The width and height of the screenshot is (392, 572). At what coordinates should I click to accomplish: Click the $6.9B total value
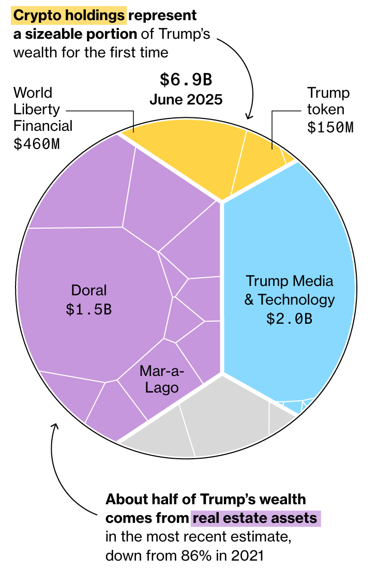186,80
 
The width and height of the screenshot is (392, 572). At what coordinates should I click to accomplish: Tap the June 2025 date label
186,99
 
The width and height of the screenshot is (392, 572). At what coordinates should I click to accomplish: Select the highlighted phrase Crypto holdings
69,16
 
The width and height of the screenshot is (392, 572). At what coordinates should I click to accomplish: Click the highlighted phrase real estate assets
257,518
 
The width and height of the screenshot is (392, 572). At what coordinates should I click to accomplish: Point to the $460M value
36,144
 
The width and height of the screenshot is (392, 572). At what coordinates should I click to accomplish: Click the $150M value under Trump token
330,128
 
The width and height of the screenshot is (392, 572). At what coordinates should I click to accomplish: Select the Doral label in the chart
89,290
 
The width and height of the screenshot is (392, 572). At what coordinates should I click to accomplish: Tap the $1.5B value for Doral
89,309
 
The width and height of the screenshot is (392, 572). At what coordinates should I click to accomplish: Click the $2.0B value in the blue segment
290,319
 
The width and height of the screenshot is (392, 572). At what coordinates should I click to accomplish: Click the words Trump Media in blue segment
290,281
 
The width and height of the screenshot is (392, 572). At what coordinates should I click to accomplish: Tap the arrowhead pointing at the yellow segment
249,116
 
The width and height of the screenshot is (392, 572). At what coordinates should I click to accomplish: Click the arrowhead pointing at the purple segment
55,427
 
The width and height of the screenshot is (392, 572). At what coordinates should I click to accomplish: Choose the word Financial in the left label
43,126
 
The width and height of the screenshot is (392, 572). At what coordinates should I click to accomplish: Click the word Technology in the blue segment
296,299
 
